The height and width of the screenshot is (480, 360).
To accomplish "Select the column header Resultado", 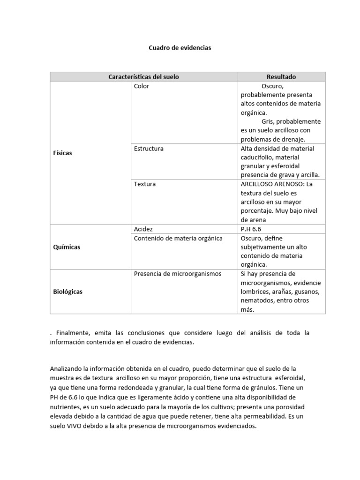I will tap(281, 77).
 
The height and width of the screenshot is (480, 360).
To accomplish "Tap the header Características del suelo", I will tap(143, 77).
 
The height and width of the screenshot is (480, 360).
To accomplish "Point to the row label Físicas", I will tap(63, 153).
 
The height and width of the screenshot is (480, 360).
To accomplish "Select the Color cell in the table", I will tap(142, 86).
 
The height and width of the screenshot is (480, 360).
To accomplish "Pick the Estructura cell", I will tap(149, 149).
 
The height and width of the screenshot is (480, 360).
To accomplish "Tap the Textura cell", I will tap(144, 184).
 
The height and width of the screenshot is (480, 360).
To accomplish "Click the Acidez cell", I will tap(143, 229).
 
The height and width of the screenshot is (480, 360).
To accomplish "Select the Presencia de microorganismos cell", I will tap(178, 274).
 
